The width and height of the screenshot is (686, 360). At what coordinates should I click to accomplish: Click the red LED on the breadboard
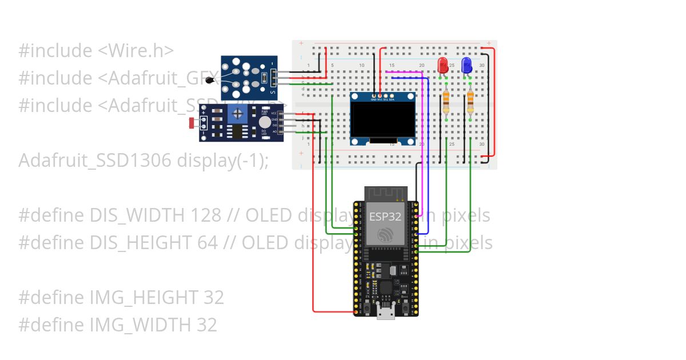click(x=442, y=64)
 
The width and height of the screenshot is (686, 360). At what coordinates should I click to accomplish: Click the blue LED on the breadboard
click(x=466, y=64)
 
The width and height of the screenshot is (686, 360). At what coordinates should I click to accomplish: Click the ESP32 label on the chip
click(x=385, y=217)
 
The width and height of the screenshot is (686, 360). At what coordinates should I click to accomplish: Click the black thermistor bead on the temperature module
click(x=210, y=81)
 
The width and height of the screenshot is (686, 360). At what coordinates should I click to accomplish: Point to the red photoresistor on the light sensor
click(x=190, y=122)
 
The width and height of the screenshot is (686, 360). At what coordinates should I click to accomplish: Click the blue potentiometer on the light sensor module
click(x=237, y=115)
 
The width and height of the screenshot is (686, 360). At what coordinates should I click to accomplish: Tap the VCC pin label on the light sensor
click(x=273, y=113)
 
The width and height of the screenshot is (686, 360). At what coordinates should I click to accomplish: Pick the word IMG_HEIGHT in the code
click(x=144, y=298)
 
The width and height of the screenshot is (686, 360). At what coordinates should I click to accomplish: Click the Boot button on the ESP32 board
click(x=406, y=309)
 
